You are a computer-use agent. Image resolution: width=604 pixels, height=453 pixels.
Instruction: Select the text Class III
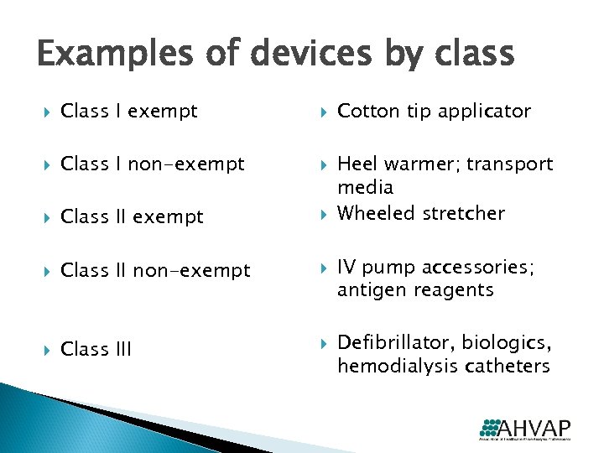[x=96, y=349]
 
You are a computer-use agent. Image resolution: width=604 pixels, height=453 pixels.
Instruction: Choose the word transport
[x=510, y=164]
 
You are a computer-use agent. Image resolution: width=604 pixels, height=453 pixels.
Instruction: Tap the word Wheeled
[x=371, y=213]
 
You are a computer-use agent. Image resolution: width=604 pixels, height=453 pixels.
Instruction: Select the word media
[x=365, y=186]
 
